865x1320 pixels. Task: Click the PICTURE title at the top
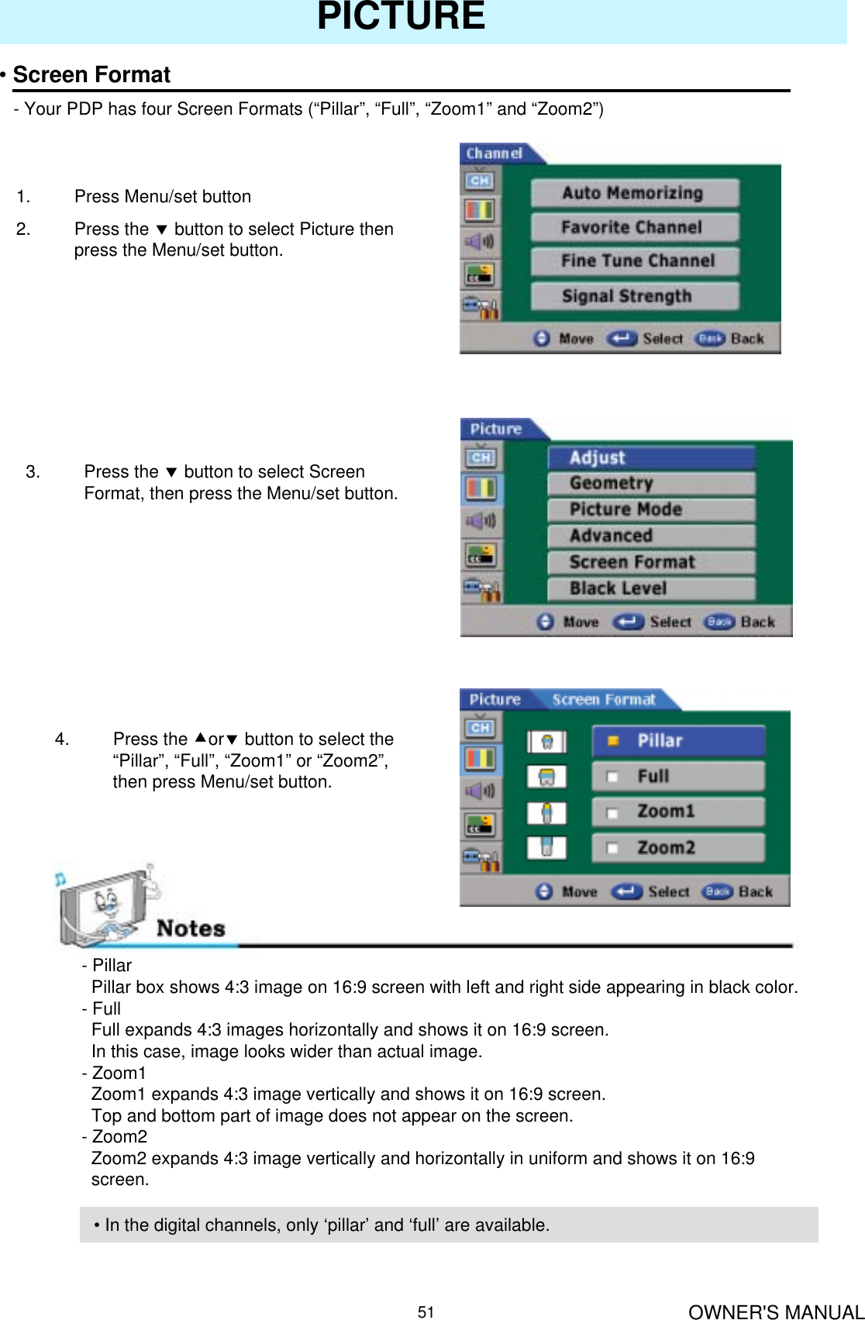pyautogui.click(x=401, y=17)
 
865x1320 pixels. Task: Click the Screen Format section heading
pyautogui.click(x=91, y=75)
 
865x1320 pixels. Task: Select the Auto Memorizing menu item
pyautogui.click(x=633, y=193)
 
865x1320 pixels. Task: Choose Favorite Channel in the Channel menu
pyautogui.click(x=632, y=227)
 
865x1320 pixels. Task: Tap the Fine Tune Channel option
pyautogui.click(x=637, y=261)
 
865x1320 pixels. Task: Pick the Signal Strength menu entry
pyautogui.click(x=626, y=296)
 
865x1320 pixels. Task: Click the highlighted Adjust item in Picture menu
pyautogui.click(x=651, y=458)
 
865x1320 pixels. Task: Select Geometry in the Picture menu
pyautogui.click(x=651, y=484)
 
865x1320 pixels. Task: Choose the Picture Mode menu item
pyautogui.click(x=651, y=510)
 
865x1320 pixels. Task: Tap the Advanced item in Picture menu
pyautogui.click(x=651, y=536)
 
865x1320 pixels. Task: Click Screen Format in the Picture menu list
pyautogui.click(x=651, y=563)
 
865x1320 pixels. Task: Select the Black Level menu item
pyautogui.click(x=651, y=589)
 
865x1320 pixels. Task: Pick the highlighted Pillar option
pyautogui.click(x=678, y=741)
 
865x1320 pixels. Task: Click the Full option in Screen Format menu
pyautogui.click(x=678, y=777)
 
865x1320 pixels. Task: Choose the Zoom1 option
pyautogui.click(x=678, y=812)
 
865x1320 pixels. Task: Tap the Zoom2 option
pyautogui.click(x=678, y=848)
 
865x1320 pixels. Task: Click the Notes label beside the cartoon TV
pyautogui.click(x=191, y=929)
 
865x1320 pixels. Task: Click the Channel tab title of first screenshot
pyautogui.click(x=495, y=153)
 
